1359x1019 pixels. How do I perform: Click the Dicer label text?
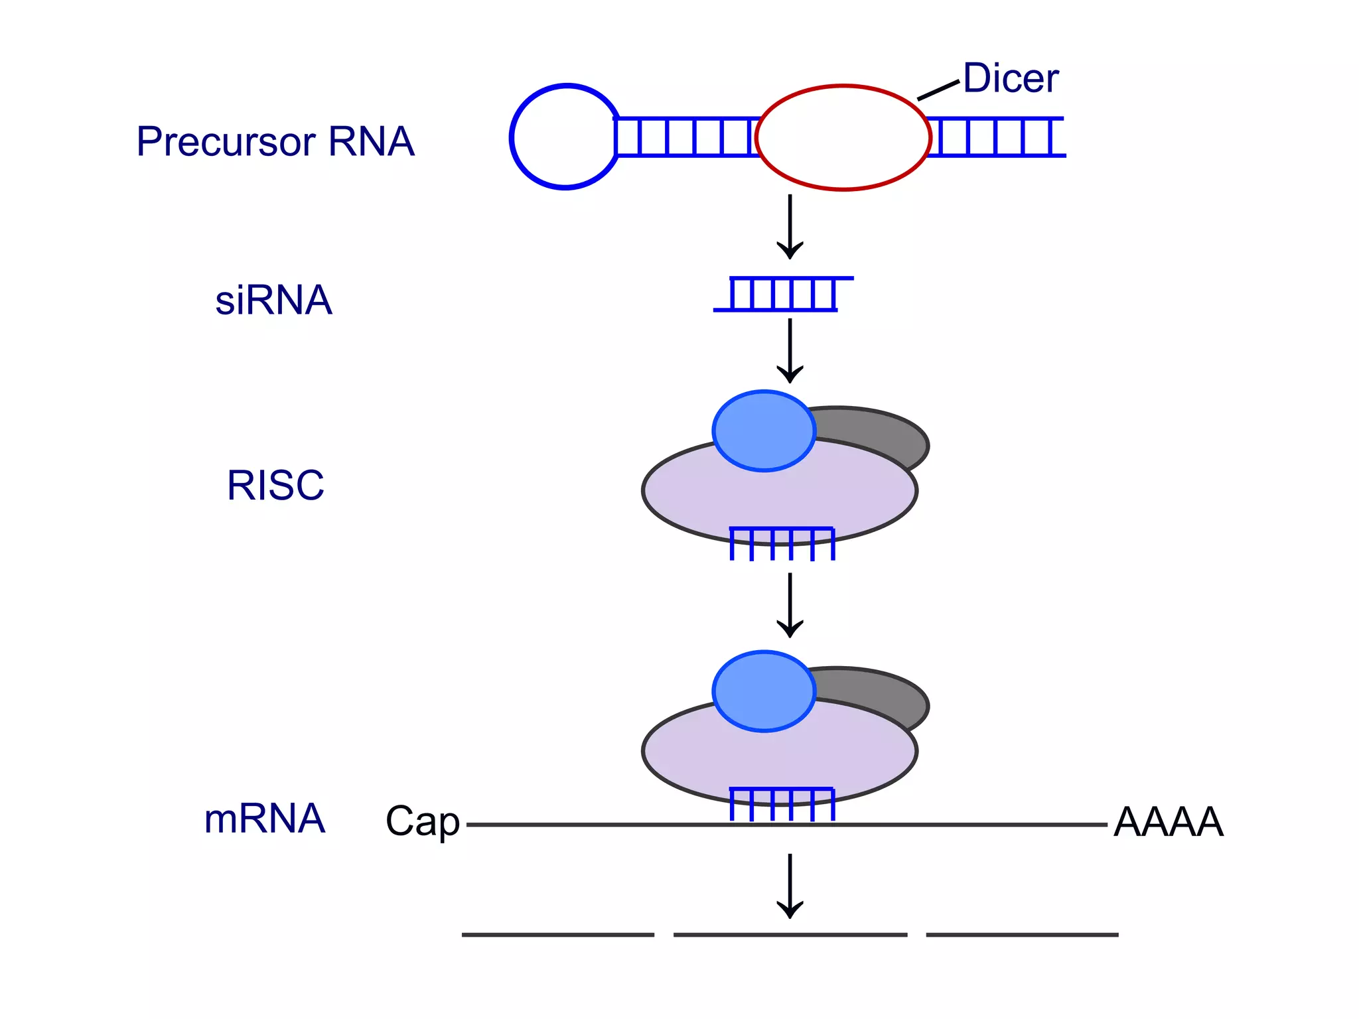coord(1010,78)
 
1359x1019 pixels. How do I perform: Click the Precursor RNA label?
coord(275,141)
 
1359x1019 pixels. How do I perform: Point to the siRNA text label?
coord(273,301)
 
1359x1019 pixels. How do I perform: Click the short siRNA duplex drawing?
coord(783,294)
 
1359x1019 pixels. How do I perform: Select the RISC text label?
coord(275,485)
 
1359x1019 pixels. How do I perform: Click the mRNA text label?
coord(264,819)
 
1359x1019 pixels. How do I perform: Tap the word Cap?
coord(423,821)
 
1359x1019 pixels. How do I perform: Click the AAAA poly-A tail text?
coord(1168,823)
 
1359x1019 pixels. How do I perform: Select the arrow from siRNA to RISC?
coord(790,350)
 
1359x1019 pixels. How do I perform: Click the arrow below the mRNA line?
coord(790,886)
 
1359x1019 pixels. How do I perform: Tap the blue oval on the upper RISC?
coord(764,431)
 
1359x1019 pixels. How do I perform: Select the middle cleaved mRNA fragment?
coord(790,935)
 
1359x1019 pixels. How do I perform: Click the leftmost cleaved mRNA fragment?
coord(557,935)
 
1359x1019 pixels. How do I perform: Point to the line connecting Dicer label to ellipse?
coord(938,90)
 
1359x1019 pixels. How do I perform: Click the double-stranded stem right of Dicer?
coord(995,137)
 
